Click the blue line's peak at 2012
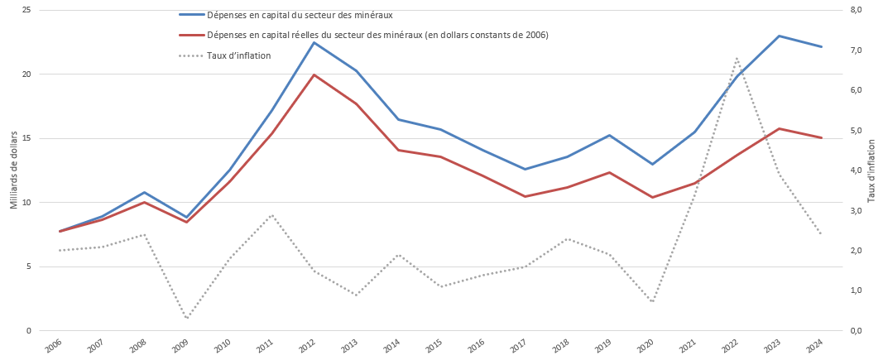point(314,42)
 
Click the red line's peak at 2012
point(314,74)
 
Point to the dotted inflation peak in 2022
point(737,58)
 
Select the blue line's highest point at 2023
point(779,36)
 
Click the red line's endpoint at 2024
point(821,137)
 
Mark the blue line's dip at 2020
point(652,164)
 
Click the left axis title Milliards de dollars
point(13,170)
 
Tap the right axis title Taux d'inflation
point(871,170)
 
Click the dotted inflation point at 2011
point(271,215)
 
